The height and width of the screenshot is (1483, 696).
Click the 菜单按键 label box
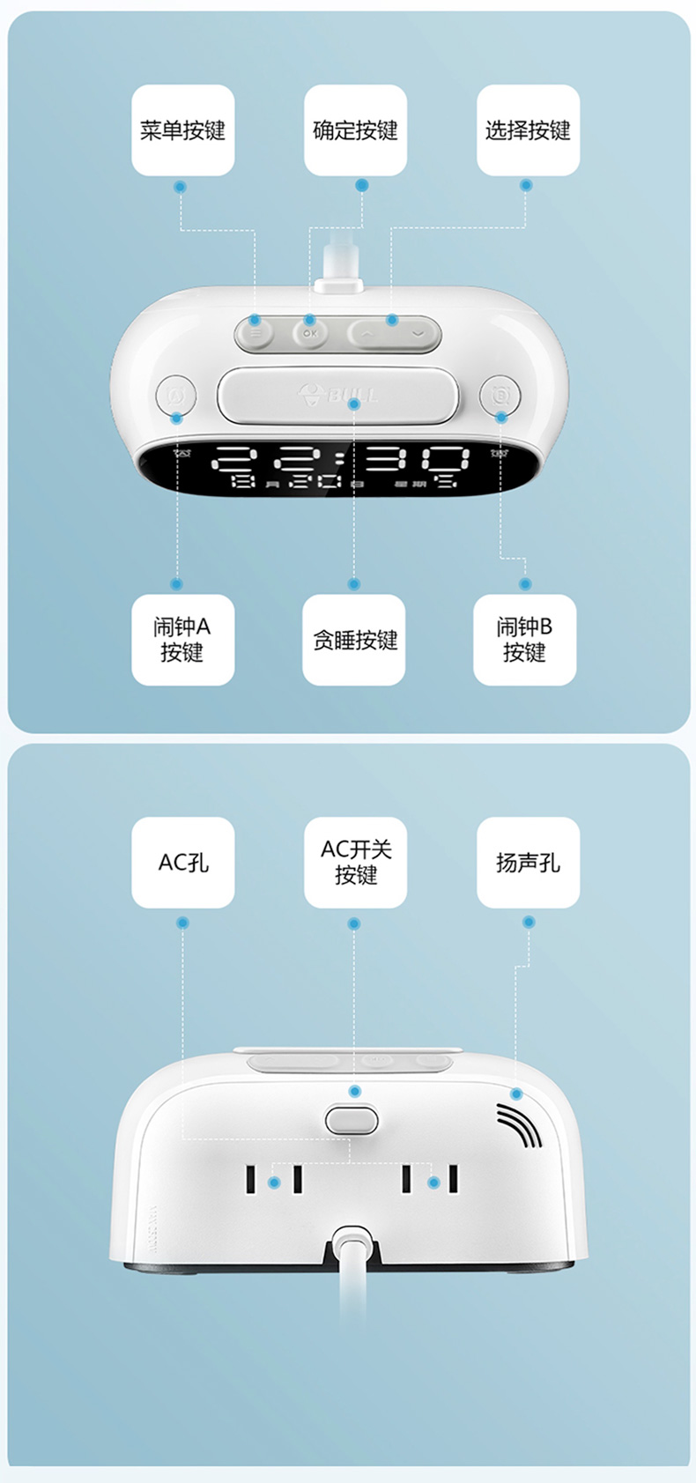pyautogui.click(x=182, y=130)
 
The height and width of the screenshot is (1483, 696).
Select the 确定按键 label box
pyautogui.click(x=355, y=130)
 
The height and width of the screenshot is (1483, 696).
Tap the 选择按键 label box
pyautogui.click(x=528, y=130)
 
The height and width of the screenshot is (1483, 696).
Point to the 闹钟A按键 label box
pyautogui.click(x=182, y=640)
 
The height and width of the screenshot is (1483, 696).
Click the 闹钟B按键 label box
pyautogui.click(x=524, y=640)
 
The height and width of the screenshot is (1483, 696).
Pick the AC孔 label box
pyautogui.click(x=182, y=862)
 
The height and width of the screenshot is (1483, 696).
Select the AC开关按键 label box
pyautogui.click(x=355, y=862)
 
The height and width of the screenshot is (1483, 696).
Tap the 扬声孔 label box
pyautogui.click(x=528, y=862)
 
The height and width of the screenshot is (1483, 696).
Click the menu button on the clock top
pyautogui.click(x=255, y=334)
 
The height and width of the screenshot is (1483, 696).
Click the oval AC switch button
pyautogui.click(x=352, y=1120)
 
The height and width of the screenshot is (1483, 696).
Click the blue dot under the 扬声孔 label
pyautogui.click(x=529, y=922)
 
